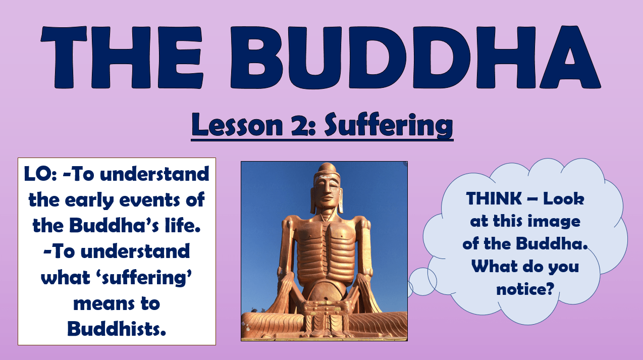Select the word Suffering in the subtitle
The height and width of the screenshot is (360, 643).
click(x=388, y=125)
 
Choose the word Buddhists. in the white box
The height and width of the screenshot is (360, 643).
click(x=117, y=329)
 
